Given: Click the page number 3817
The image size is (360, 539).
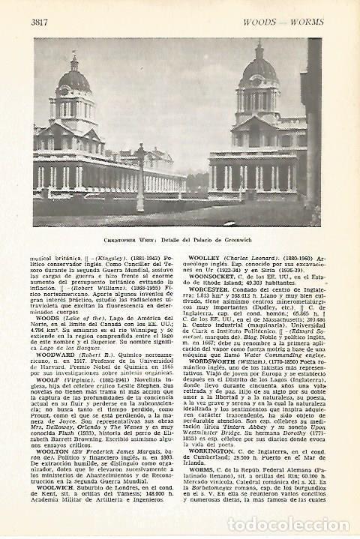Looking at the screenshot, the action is coord(40,22).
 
